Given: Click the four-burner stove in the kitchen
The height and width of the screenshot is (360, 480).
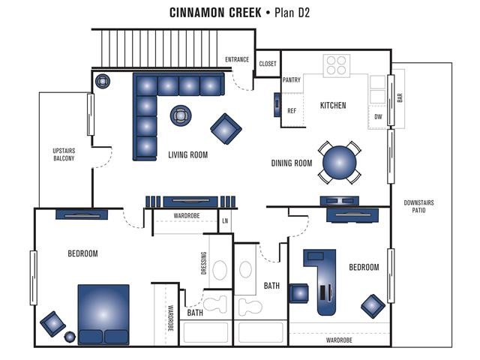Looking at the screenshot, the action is point(337,65).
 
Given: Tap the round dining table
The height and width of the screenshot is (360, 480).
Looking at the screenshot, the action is point(340,163).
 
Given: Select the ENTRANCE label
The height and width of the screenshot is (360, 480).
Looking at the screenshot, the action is point(237,59).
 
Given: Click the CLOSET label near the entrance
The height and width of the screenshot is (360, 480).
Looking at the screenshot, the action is point(268,64).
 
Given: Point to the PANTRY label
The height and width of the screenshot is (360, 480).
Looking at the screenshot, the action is point(292,80).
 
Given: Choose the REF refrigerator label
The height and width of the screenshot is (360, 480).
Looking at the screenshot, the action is point(292,111).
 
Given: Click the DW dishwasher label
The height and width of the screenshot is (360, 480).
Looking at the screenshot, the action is point(378,117).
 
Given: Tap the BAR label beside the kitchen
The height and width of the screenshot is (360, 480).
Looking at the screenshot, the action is point(400,97).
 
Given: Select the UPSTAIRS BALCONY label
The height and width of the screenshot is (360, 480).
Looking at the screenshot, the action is point(64,154).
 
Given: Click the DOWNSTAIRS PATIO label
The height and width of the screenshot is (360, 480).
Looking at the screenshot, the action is point(418,206).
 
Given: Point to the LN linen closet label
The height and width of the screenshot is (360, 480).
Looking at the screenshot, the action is point(225,220).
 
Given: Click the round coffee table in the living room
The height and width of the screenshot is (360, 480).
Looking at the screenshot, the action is point(181,115).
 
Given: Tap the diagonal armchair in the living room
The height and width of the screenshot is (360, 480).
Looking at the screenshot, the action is point(226,129).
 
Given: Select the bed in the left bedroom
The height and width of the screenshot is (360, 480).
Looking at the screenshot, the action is point(103,314).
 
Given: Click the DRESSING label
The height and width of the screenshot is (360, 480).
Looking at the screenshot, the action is point(204,263).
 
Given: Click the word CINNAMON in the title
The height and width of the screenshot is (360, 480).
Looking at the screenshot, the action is point(215,13).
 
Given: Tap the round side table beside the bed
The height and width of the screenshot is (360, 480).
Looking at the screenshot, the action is point(70,337).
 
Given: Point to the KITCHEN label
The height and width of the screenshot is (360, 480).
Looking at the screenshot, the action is point(333,105).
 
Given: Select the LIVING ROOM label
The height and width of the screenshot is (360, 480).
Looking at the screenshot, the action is point(188,155).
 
